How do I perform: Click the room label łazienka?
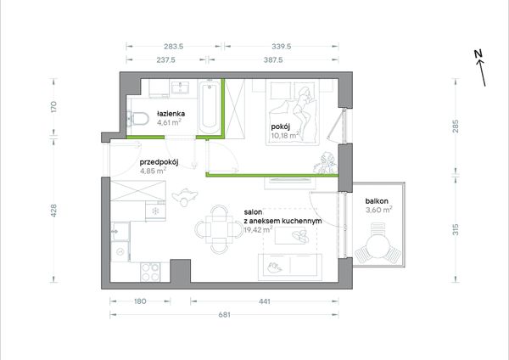171,114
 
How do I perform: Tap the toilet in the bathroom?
137,119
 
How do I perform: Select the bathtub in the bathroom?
210,108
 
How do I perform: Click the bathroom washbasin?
180,87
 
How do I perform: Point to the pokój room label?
281,127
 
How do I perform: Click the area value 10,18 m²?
285,135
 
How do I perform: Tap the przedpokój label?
159,162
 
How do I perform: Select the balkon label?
377,201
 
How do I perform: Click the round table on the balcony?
378,246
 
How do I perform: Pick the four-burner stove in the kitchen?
150,272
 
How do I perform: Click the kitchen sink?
120,231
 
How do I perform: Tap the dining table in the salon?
219,229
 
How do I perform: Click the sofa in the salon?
290,267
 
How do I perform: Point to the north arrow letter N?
478,54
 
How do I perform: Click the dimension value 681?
224,315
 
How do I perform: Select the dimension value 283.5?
173,47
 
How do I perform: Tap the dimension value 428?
54,211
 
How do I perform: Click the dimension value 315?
456,230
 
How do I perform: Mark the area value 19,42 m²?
258,230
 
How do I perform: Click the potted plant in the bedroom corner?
326,163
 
